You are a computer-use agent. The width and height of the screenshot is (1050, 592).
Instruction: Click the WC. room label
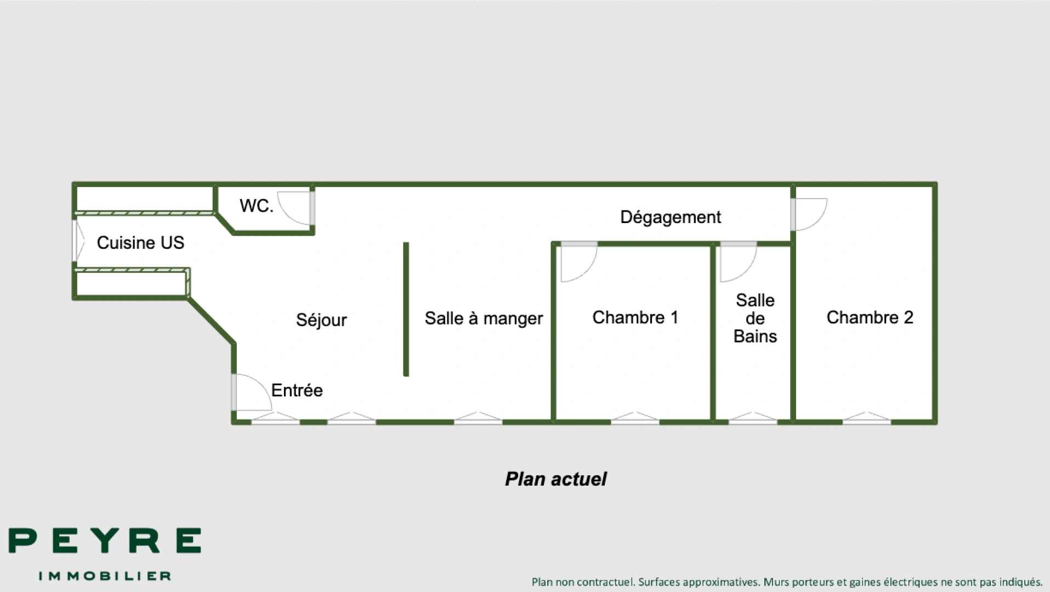pyautogui.click(x=256, y=206)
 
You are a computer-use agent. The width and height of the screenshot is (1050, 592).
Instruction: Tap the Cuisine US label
pyautogui.click(x=140, y=243)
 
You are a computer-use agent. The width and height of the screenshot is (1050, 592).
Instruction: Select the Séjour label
pyautogui.click(x=321, y=320)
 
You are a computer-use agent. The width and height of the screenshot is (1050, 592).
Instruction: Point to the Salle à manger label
pyautogui.click(x=484, y=318)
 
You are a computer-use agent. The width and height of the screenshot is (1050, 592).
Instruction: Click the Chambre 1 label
pyautogui.click(x=635, y=317)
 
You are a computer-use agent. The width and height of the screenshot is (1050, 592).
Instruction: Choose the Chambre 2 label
pyautogui.click(x=870, y=317)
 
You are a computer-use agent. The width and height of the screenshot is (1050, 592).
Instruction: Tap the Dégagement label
pyautogui.click(x=670, y=217)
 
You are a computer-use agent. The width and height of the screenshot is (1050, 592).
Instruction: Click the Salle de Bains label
pyautogui.click(x=755, y=318)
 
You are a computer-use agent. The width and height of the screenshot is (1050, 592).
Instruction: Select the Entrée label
pyautogui.click(x=297, y=390)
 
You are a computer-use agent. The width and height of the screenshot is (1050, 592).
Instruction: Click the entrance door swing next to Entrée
pyautogui.click(x=251, y=392)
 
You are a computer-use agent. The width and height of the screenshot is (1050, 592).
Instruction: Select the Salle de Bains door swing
pyautogui.click(x=737, y=262)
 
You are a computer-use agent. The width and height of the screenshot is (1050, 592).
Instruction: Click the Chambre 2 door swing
pyautogui.click(x=809, y=214)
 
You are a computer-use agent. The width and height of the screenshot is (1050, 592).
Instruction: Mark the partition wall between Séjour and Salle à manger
pyautogui.click(x=406, y=309)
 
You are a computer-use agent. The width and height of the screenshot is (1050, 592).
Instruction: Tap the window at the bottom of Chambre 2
pyautogui.click(x=866, y=419)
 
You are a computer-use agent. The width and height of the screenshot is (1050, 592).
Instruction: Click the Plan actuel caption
pyautogui.click(x=555, y=479)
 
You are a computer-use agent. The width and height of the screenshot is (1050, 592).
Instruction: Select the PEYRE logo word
pyautogui.click(x=105, y=540)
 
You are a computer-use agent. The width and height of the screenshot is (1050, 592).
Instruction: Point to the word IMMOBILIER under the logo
pyautogui.click(x=105, y=576)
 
